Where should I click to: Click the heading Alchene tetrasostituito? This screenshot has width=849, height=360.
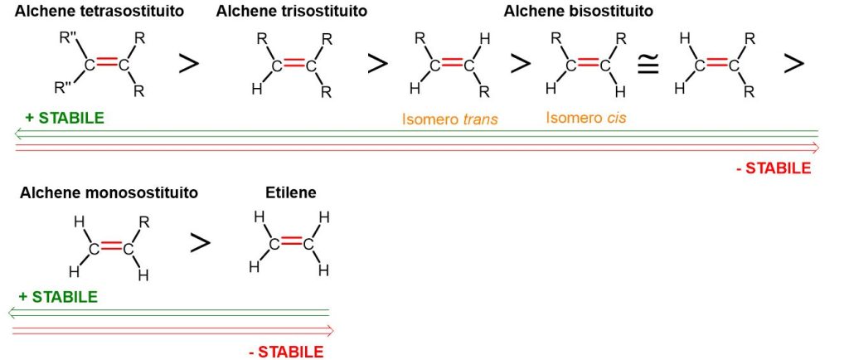(x=99, y=12)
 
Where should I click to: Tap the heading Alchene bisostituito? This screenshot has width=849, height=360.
(x=578, y=12)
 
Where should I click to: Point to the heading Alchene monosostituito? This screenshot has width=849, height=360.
(x=109, y=192)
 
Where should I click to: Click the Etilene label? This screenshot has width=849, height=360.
(x=290, y=192)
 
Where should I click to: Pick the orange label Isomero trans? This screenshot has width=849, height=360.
(x=449, y=119)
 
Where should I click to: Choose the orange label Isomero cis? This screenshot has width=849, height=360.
(x=585, y=118)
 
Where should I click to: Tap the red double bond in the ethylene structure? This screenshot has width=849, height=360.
(x=290, y=242)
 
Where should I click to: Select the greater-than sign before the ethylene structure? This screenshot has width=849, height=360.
(x=199, y=242)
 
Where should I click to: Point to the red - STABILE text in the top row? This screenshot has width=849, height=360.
(x=773, y=168)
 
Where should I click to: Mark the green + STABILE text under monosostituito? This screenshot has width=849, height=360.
(x=58, y=297)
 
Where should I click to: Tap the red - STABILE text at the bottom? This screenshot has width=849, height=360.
(x=285, y=352)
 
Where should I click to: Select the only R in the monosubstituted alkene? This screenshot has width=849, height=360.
(x=144, y=221)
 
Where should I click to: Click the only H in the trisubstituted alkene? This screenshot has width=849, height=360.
(x=256, y=89)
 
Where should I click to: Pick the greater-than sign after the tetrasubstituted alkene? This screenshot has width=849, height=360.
(x=189, y=64)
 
